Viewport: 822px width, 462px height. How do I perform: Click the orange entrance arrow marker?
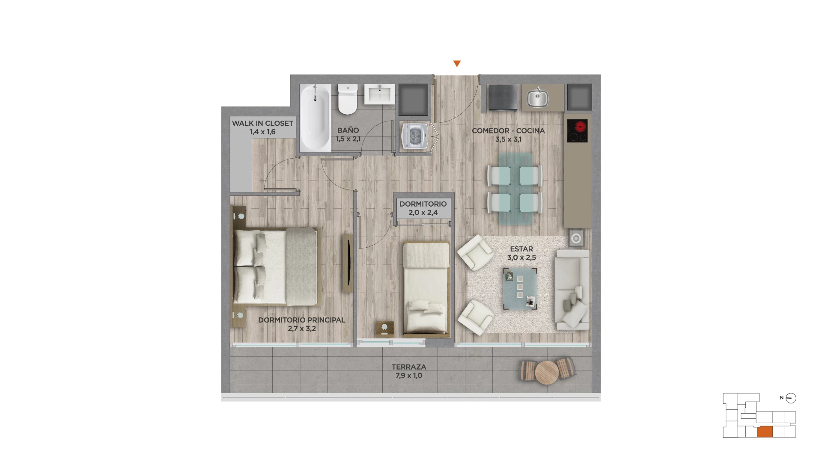[x=457, y=64]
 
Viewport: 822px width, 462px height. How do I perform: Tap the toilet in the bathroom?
[x=347, y=99]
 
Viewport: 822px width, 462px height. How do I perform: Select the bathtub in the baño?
[x=316, y=118]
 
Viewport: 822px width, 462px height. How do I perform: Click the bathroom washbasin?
[x=380, y=94]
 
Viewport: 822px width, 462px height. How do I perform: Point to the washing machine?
[x=415, y=136]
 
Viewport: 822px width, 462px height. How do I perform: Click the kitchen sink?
[x=538, y=98]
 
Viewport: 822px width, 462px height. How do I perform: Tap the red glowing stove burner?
[x=581, y=127]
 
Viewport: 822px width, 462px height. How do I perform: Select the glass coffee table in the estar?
[x=520, y=289]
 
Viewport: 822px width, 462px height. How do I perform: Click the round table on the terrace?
[x=547, y=372]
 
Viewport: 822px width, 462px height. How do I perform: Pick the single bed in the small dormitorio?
[x=426, y=288]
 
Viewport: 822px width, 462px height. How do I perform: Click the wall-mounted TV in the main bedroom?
[x=348, y=264]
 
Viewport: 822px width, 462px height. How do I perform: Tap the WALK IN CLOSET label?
[x=262, y=123]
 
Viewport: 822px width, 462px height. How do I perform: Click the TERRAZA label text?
[x=409, y=367]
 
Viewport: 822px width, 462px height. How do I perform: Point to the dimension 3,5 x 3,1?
[x=508, y=139]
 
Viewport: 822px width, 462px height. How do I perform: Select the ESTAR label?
[x=521, y=249]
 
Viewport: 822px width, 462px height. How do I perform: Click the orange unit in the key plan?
[x=765, y=432]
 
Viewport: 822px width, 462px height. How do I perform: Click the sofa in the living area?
[x=572, y=290]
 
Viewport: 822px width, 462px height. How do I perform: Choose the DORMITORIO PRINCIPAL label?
[x=301, y=320]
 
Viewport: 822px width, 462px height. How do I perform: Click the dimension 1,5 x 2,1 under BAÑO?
[x=348, y=139]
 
